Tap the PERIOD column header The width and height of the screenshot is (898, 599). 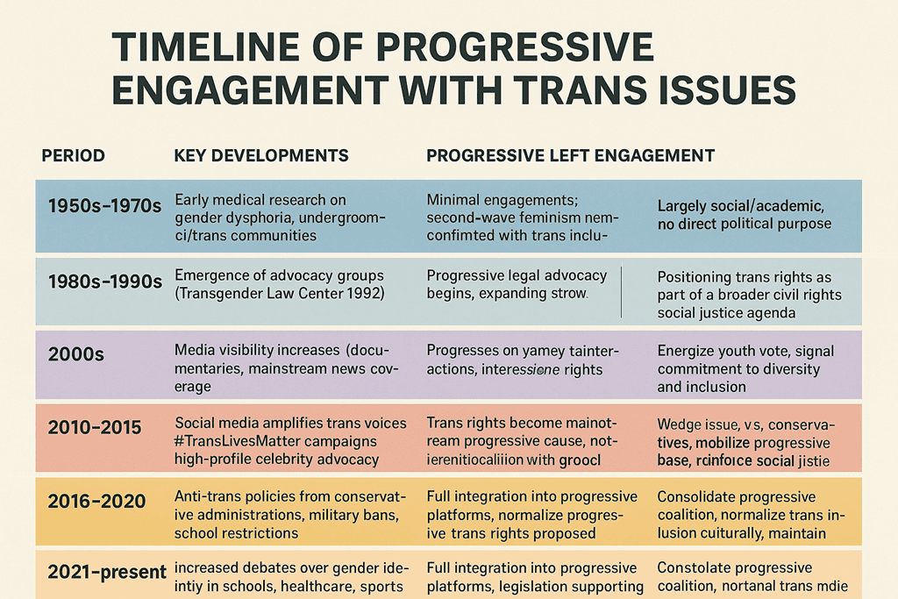[x=73, y=156]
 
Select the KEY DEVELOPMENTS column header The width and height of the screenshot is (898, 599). [x=261, y=156]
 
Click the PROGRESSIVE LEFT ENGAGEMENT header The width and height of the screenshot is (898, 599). [x=570, y=156]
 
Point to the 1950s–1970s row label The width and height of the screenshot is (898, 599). [x=104, y=207]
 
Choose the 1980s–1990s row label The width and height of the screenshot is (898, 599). [x=104, y=282]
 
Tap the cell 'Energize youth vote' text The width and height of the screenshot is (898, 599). [x=745, y=368]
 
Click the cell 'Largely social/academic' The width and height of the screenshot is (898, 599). [x=744, y=215]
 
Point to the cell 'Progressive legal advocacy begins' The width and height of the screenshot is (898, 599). [x=517, y=284]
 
